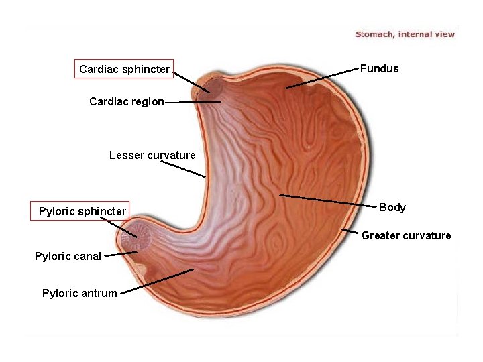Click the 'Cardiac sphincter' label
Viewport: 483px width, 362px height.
click(x=124, y=69)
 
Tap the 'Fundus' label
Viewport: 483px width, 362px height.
click(x=379, y=68)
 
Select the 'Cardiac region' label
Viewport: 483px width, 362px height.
click(x=126, y=102)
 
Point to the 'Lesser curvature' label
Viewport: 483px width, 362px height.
click(x=152, y=156)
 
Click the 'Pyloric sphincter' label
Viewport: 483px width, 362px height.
click(x=82, y=212)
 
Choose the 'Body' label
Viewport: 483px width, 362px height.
click(x=392, y=208)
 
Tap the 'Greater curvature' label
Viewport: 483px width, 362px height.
click(x=407, y=235)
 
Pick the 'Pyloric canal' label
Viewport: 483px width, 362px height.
click(x=68, y=256)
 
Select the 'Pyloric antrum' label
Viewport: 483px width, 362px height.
click(x=79, y=293)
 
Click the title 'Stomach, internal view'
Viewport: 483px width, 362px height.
click(x=405, y=34)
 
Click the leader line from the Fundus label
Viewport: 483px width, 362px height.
click(x=322, y=78)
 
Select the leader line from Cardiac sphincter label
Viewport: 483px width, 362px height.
click(x=191, y=82)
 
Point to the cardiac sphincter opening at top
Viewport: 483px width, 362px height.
click(x=213, y=86)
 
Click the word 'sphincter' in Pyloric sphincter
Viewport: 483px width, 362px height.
click(x=101, y=212)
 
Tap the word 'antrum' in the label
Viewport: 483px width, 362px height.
click(x=100, y=293)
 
